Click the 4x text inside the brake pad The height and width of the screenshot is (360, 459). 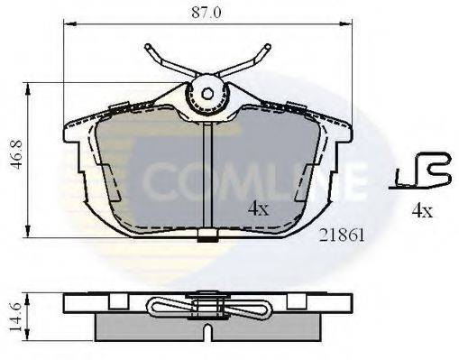[x=259, y=208]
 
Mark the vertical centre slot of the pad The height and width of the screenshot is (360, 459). [x=208, y=176]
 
